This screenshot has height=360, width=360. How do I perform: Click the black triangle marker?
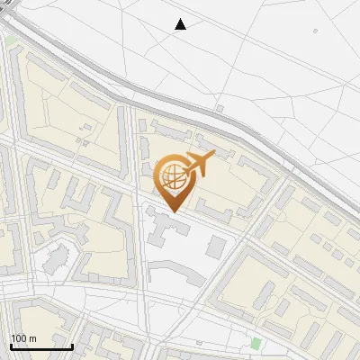click(180, 24)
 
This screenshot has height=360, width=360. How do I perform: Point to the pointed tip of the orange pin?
click(172, 211)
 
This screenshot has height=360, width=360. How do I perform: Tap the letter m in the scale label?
click(33, 338)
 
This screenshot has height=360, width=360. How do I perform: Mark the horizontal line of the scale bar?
click(40, 346)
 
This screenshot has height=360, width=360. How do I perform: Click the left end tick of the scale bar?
click(10, 345)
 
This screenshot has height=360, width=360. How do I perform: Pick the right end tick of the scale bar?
click(72, 345)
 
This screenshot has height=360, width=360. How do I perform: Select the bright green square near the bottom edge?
click(256, 343)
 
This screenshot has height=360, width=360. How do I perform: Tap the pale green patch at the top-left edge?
click(11, 41)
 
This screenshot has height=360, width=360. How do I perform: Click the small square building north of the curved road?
click(220, 109)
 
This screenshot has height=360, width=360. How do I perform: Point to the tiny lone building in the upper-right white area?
click(316, 32)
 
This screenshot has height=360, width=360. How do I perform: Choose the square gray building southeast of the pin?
click(216, 246)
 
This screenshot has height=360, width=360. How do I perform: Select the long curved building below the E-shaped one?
click(175, 272)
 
